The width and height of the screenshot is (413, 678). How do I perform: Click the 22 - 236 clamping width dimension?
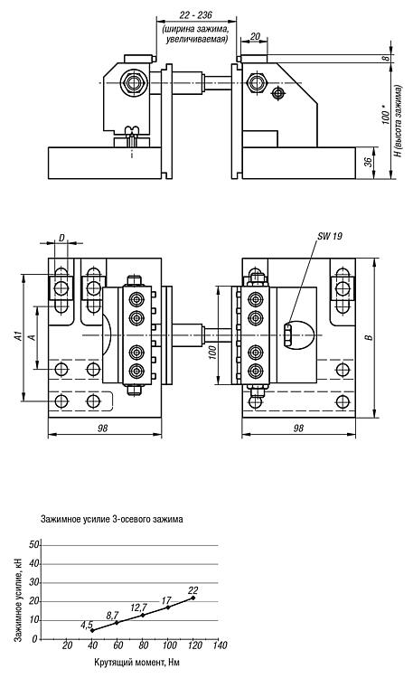tap(196, 15)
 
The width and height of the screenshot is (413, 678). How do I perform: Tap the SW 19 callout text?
tap(330, 236)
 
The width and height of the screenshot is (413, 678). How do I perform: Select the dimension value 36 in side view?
tap(368, 162)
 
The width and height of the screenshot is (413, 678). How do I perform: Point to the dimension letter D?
tap(61, 238)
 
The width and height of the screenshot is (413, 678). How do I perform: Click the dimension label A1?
tap(18, 336)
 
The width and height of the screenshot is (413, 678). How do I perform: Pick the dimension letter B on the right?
tap(369, 337)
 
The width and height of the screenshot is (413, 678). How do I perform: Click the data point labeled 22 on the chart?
tap(192, 598)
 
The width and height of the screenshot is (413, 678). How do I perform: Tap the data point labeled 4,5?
tap(92, 630)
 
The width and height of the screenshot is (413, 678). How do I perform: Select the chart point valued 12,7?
tap(143, 615)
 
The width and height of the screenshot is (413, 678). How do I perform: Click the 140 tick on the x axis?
tap(220, 645)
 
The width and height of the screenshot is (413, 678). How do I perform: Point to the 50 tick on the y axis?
tap(33, 545)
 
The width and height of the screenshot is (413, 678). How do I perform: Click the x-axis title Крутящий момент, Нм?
tap(136, 662)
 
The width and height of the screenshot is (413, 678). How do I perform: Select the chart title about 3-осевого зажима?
tap(111, 519)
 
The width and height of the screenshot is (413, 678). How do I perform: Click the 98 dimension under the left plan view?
tap(102, 428)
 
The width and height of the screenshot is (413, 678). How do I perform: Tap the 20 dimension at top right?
tap(255, 36)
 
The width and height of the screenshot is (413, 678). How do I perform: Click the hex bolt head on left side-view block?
tap(134, 83)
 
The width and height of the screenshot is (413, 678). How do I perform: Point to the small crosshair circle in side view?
tap(277, 92)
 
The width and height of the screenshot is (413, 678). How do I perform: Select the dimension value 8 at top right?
tap(387, 58)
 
